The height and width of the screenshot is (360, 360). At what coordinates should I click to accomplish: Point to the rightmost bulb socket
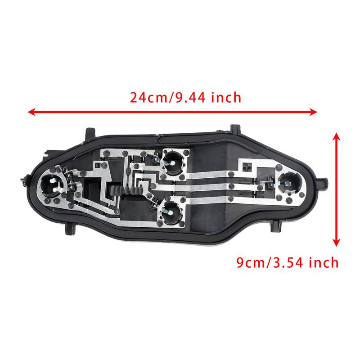coord(286,182)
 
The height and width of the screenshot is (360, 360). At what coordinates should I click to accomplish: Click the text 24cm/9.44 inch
coord(185,97)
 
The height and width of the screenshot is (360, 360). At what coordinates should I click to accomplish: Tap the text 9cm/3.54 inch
coord(288,262)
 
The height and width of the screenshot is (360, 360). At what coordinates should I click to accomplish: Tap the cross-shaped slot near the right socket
coord(245,166)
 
